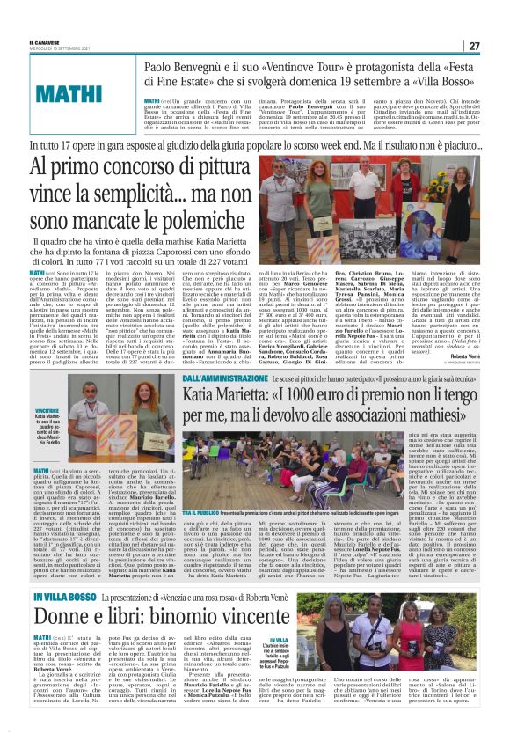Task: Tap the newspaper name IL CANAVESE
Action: click(47, 41)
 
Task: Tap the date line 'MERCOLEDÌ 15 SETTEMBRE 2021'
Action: click(59, 48)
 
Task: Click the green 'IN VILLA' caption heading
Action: click(277, 640)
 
